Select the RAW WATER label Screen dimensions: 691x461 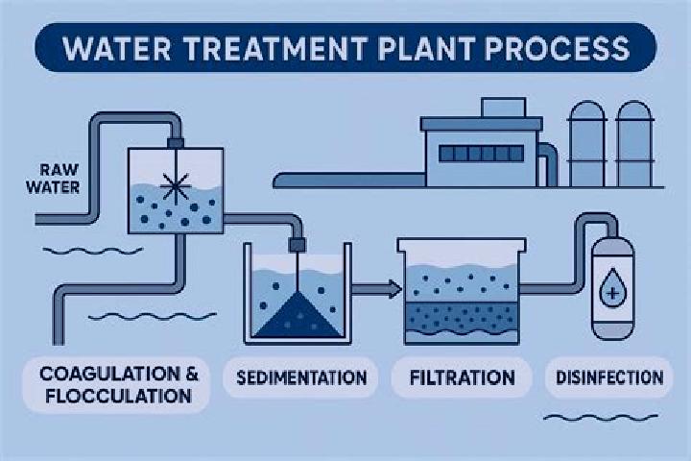(x=53, y=179)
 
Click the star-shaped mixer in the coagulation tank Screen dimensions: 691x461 (x=175, y=186)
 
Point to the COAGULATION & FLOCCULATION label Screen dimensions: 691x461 (x=119, y=385)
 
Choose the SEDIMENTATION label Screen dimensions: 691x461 (x=301, y=377)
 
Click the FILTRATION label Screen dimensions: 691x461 (x=463, y=377)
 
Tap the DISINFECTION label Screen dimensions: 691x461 (x=609, y=377)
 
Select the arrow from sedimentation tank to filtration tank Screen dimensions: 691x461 (x=377, y=289)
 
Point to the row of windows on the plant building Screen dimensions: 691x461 (x=481, y=154)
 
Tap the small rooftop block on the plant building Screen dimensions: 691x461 (x=503, y=108)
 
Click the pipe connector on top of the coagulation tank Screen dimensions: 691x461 (x=176, y=143)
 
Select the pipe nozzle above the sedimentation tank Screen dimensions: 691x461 (x=297, y=245)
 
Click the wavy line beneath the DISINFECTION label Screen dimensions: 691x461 (x=601, y=417)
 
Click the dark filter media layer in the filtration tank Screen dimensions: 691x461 (x=462, y=316)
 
